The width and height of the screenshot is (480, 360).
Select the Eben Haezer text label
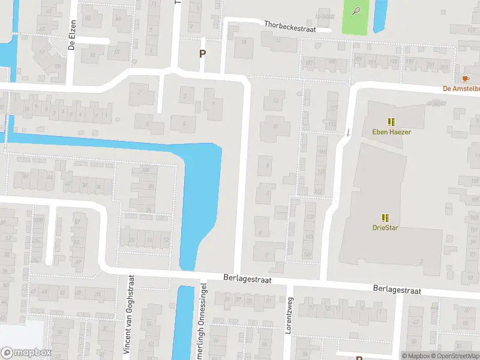391,131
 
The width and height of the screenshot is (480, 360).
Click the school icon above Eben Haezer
391,121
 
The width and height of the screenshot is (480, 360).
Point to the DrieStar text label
385,228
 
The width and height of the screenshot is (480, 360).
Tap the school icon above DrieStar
385,218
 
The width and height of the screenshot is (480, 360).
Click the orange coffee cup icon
465,79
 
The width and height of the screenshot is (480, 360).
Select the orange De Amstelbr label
461,89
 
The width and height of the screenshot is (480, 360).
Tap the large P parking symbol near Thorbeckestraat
202,53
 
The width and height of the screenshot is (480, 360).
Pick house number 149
308,254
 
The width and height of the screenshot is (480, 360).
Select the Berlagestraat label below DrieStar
397,290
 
